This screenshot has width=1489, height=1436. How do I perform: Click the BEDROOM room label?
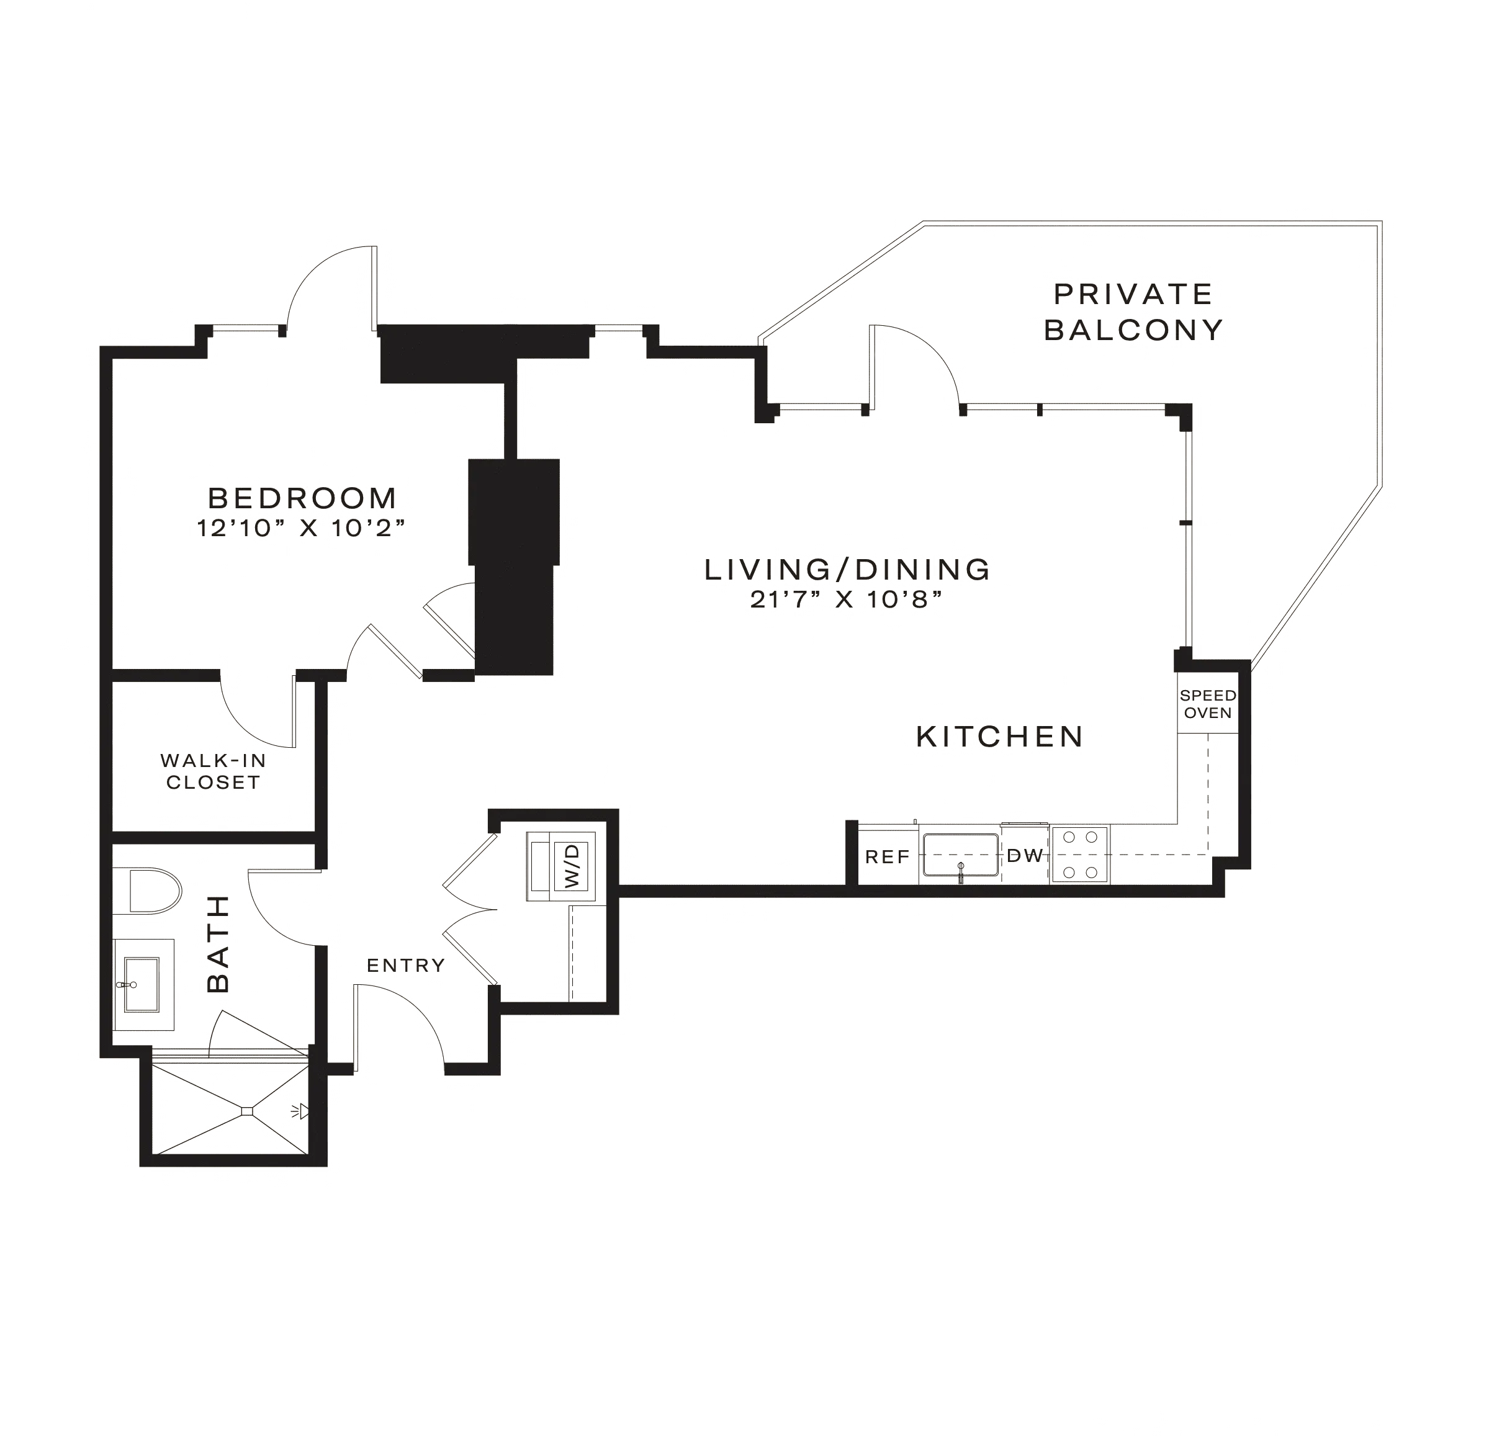303,498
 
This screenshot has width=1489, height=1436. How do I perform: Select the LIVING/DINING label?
848,569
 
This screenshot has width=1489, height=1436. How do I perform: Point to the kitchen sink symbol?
960,856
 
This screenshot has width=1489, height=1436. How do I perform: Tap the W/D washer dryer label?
572,866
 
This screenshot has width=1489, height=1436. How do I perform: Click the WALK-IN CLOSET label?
214,771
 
